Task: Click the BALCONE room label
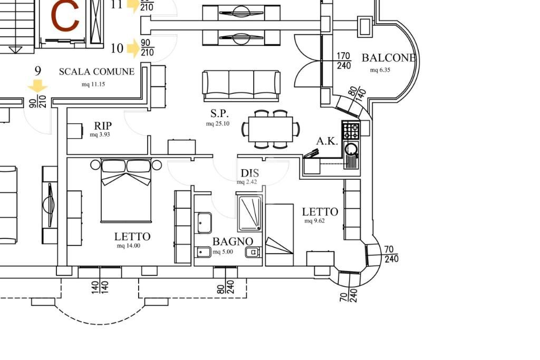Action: pyautogui.click(x=389, y=58)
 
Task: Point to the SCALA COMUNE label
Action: pyautogui.click(x=97, y=72)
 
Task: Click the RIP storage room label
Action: pyautogui.click(x=103, y=126)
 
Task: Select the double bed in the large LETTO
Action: pyautogui.click(x=126, y=190)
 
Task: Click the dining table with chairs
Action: pyautogui.click(x=271, y=129)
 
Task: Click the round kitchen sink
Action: pyautogui.click(x=351, y=149)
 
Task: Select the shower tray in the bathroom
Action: pyautogui.click(x=250, y=213)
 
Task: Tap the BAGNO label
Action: pyautogui.click(x=233, y=241)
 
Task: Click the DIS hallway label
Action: pyautogui.click(x=249, y=173)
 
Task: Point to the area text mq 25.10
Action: pyautogui.click(x=217, y=124)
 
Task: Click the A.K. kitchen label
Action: pyautogui.click(x=327, y=141)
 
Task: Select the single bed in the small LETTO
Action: pyautogui.click(x=279, y=235)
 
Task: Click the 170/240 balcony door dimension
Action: pyautogui.click(x=343, y=60)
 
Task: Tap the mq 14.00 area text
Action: pyautogui.click(x=128, y=246)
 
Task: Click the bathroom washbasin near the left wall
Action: pyautogui.click(x=203, y=222)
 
